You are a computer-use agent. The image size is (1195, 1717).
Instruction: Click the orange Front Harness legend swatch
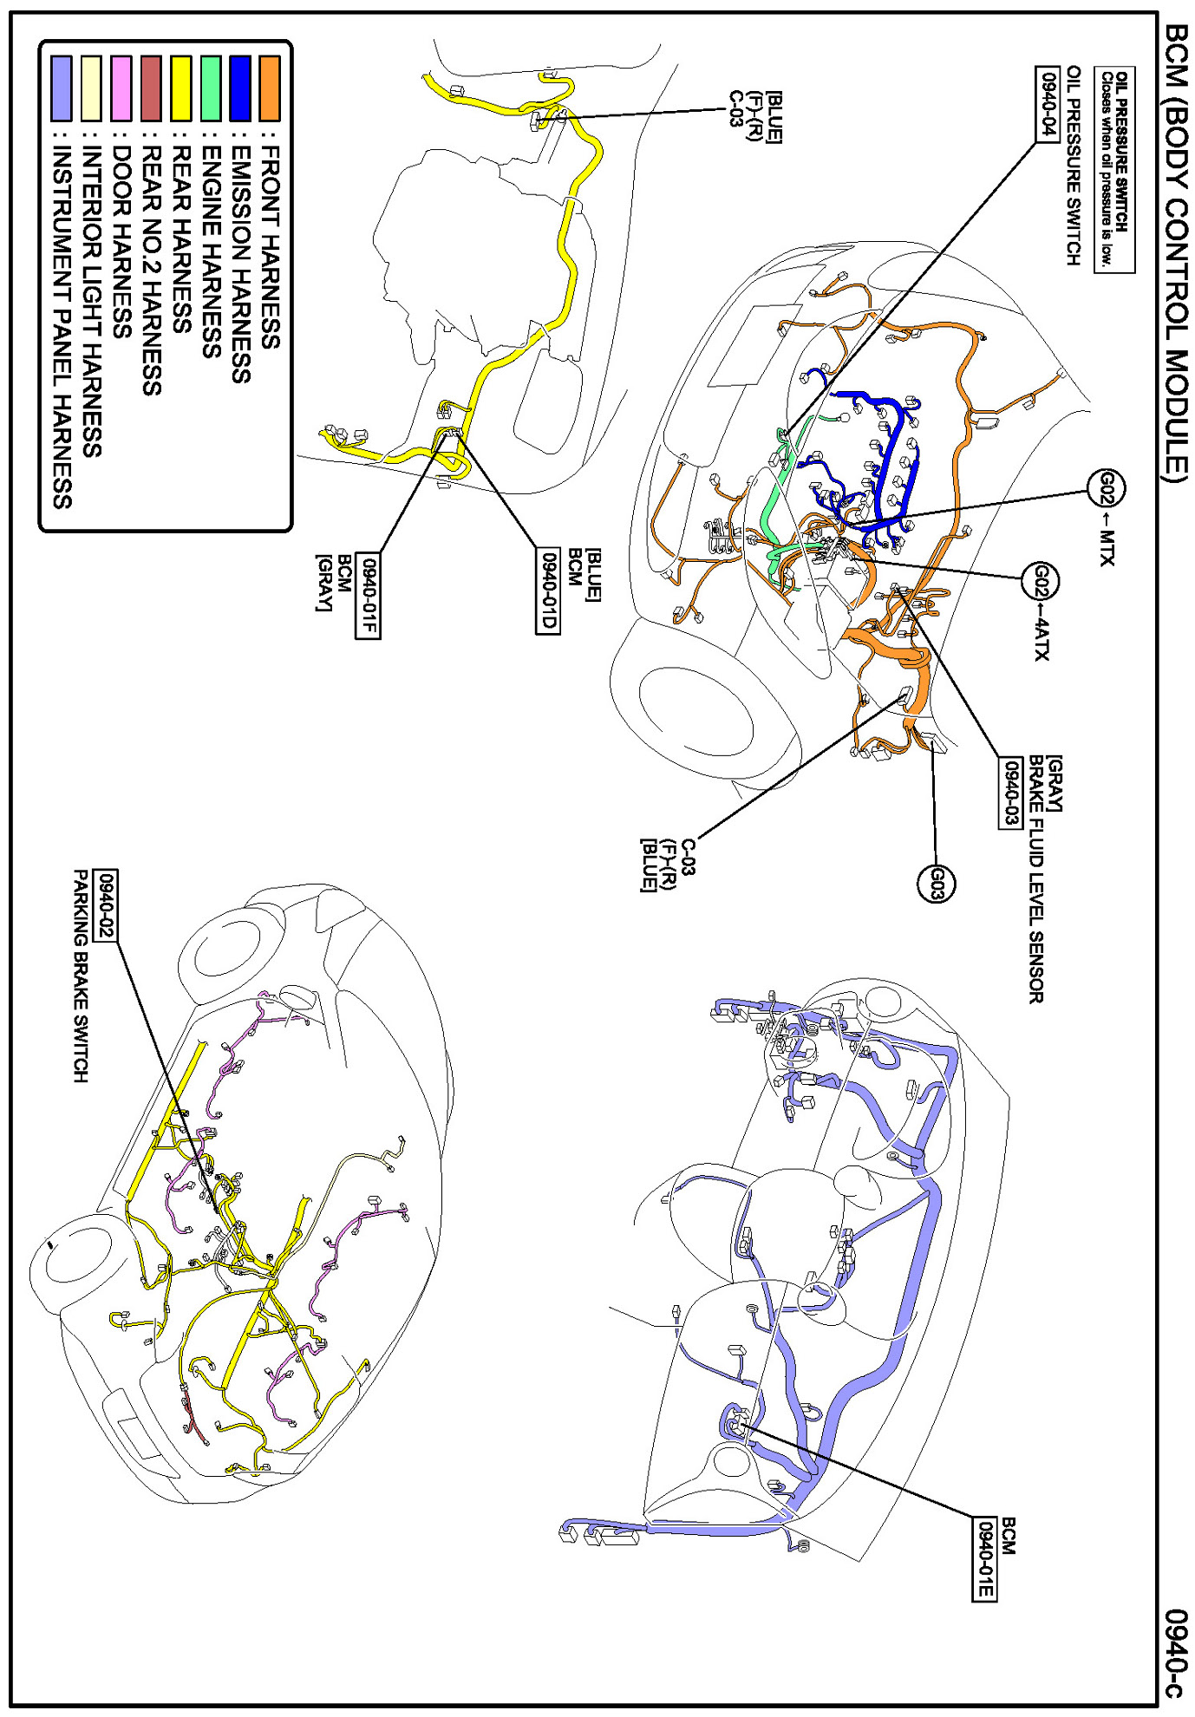270,88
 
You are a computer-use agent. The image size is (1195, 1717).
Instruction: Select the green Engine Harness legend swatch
211,88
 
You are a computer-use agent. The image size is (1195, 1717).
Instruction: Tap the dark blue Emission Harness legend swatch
240,88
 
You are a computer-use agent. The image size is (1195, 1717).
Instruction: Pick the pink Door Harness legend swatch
121,88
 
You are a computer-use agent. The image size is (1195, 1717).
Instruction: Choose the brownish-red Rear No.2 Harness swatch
151,88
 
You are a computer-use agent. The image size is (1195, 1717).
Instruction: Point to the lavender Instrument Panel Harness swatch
62,88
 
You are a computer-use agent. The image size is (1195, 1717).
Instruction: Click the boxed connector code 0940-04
1049,102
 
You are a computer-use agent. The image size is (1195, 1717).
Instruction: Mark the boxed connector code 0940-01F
368,596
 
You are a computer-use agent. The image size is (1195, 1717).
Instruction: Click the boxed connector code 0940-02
107,906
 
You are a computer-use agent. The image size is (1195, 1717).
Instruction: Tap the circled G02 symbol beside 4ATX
1040,581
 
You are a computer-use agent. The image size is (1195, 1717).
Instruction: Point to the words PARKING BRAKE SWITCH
81,976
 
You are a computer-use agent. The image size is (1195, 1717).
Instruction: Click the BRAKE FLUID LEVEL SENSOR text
1035,879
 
